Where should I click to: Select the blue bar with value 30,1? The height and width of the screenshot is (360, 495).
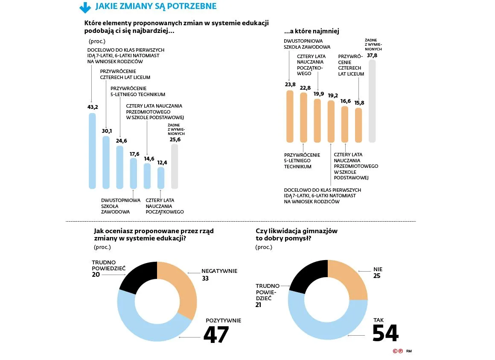coord(106,162)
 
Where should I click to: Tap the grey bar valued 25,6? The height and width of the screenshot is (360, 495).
coord(175,167)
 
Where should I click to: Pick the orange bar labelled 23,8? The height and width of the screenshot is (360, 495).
coord(290,116)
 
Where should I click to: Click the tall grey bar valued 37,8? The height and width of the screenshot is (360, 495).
coord(372,101)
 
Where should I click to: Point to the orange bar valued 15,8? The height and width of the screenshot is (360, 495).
coord(358,125)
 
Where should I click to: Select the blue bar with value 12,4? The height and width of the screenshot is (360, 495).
coord(161,178)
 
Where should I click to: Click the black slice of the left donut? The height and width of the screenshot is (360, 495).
coord(137,277)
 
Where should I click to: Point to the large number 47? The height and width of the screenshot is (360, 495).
coord(216,335)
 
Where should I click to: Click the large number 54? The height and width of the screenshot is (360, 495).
coord(385,333)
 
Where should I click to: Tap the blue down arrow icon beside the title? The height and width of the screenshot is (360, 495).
coord(85,7)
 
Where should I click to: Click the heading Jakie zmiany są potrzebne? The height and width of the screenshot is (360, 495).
coord(156,6)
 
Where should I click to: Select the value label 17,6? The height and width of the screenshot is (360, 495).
coord(134,154)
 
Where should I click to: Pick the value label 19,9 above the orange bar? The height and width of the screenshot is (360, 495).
coord(318,94)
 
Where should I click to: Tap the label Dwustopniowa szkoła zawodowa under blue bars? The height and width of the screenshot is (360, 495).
coord(121,206)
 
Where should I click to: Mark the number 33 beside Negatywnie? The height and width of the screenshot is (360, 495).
coord(205,278)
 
